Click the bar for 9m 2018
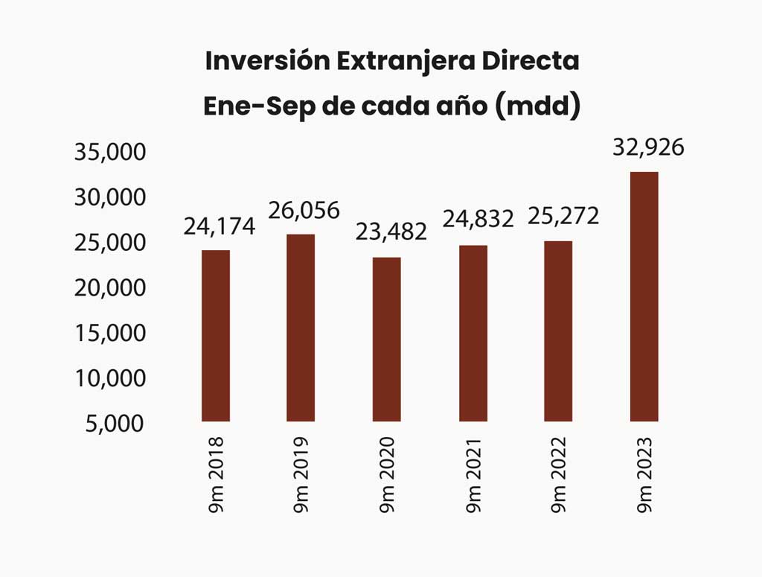[x=216, y=336]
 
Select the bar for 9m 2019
[x=301, y=328]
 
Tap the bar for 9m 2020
[x=387, y=339]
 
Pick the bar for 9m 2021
[x=473, y=333]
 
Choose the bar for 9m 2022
[x=558, y=331]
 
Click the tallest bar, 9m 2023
[x=644, y=296]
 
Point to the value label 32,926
[x=648, y=147]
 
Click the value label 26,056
[x=304, y=211]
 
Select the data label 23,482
[x=391, y=232]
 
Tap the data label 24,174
[x=220, y=226]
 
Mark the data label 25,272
[x=563, y=216]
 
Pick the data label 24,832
[x=478, y=219]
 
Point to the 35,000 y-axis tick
[x=110, y=152]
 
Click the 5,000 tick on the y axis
[x=115, y=424]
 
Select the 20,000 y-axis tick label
[x=110, y=288]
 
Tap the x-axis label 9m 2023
[x=644, y=474]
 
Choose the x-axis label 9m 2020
[x=387, y=474]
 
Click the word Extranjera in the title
[x=406, y=62]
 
